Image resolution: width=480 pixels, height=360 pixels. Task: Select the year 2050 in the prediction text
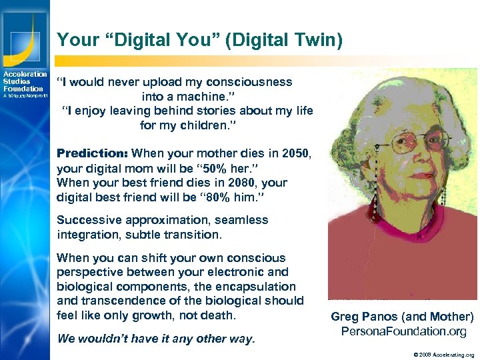click(295, 153)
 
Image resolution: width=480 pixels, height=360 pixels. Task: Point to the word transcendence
click(115, 301)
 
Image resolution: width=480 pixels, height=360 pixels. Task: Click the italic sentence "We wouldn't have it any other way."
click(156, 339)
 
